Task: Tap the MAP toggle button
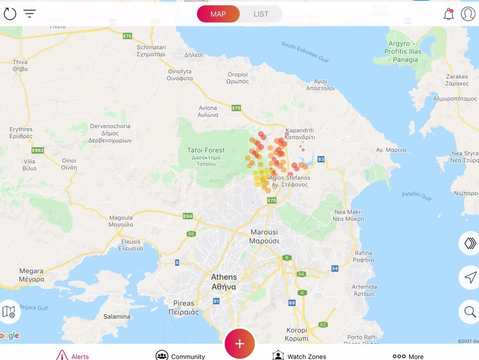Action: point(218,14)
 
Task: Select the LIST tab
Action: point(261,14)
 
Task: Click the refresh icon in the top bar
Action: point(10,14)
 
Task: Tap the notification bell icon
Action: point(449,14)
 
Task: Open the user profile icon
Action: point(468,14)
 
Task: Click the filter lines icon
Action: point(30,14)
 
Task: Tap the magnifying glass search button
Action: point(470,312)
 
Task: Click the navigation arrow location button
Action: point(470,277)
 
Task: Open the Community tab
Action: point(180,356)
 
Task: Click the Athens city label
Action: point(224,282)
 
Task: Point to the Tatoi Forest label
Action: point(206,154)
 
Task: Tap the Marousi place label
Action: point(264,236)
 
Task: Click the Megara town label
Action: point(32,275)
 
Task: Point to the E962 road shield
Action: point(38,150)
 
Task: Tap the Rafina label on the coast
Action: point(363,256)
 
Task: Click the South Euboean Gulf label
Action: point(305,52)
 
